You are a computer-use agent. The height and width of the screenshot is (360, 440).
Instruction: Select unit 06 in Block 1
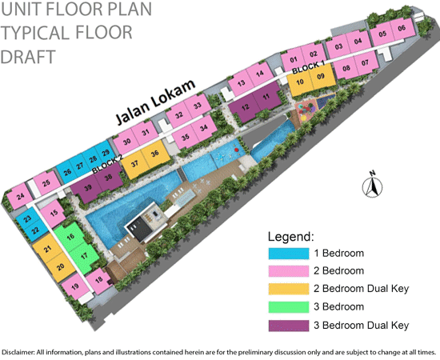402,29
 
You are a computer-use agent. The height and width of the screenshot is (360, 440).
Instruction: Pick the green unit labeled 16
71,238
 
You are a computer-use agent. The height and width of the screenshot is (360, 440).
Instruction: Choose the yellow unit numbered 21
48,250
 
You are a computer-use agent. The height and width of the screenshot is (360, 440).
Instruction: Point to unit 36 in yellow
154,154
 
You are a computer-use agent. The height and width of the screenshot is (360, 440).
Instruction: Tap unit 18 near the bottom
98,279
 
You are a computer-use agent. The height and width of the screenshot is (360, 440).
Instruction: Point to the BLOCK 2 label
106,168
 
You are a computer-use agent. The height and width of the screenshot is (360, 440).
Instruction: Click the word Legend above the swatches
292,237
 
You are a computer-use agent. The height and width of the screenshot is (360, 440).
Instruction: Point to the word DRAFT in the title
28,57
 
